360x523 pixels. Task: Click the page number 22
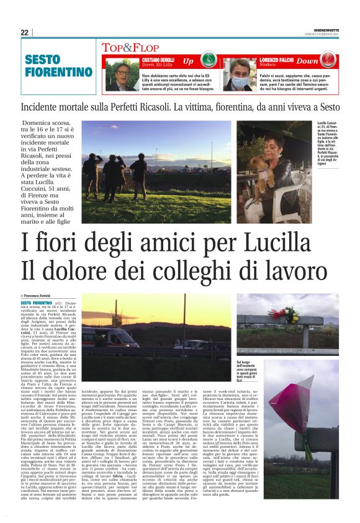point(24,32)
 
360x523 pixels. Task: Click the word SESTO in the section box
point(43,60)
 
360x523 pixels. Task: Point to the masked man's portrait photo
point(239,75)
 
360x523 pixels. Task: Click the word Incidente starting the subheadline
point(60,106)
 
